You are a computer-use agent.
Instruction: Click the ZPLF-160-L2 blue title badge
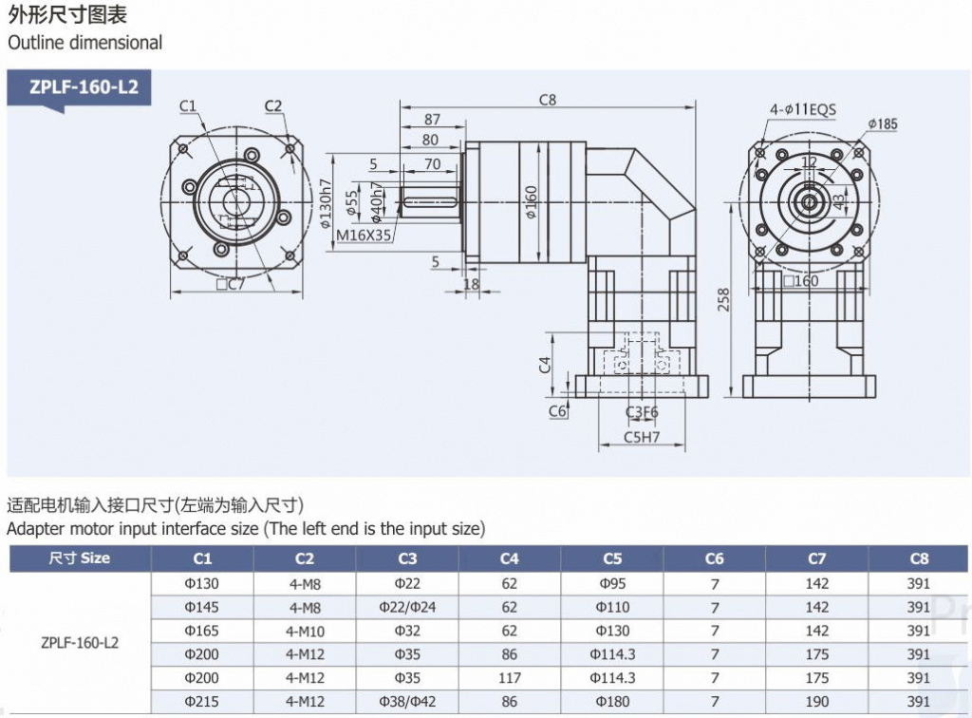[84, 88]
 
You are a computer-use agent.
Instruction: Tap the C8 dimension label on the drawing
[547, 99]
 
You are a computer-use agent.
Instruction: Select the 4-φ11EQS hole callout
[802, 109]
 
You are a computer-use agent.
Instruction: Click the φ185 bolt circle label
[882, 123]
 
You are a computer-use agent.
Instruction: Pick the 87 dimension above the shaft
[432, 120]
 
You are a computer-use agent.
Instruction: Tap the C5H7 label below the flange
[642, 438]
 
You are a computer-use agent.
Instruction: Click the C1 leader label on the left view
[187, 105]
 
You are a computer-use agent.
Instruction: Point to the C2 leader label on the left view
[273, 105]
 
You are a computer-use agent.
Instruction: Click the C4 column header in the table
[509, 558]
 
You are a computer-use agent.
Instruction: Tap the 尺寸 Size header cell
[80, 558]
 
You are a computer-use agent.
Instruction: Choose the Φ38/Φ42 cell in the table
[407, 702]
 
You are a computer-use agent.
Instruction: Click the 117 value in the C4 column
[509, 678]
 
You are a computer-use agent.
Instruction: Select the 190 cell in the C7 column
[816, 702]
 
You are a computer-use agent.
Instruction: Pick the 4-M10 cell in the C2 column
[305, 631]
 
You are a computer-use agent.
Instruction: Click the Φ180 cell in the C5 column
[612, 702]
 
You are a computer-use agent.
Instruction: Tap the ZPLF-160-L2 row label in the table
[80, 642]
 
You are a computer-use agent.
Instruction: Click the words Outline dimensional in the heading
[84, 43]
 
